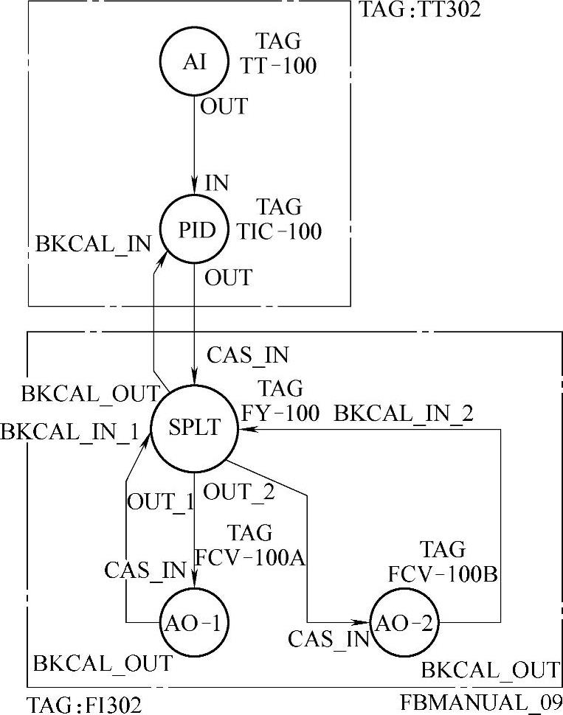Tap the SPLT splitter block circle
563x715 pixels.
click(x=189, y=428)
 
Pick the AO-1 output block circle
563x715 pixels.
click(x=193, y=622)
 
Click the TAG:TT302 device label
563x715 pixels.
click(x=421, y=10)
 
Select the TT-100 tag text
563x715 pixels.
click(x=279, y=66)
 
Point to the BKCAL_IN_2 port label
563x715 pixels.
click(x=404, y=414)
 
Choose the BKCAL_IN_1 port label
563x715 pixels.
click(x=70, y=432)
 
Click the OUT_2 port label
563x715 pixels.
click(x=238, y=492)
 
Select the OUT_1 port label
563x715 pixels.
click(x=161, y=501)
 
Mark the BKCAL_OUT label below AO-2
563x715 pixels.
click(x=490, y=670)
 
